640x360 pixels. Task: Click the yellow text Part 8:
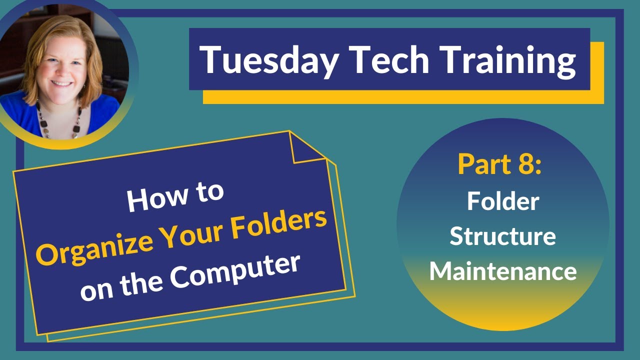point(499,164)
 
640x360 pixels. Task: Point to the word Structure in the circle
point(502,236)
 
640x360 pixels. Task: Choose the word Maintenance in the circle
point(502,271)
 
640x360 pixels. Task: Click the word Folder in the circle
point(503,201)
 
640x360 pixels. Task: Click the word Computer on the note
point(234,272)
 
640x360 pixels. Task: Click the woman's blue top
point(25,117)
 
